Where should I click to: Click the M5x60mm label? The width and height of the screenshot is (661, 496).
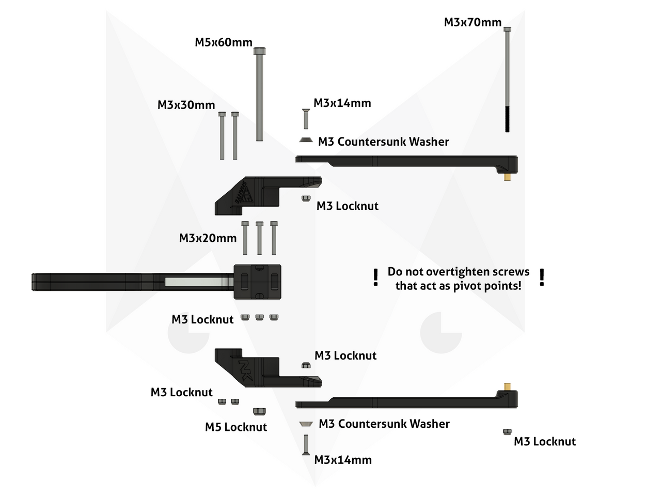(x=223, y=42)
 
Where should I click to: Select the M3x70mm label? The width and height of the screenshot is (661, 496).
(x=473, y=23)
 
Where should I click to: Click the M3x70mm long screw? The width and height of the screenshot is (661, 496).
(x=507, y=78)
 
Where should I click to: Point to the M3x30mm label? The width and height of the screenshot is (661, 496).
(x=186, y=105)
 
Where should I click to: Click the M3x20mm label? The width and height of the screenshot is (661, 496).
(x=208, y=238)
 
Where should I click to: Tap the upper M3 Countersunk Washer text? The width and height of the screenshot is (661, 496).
(x=383, y=142)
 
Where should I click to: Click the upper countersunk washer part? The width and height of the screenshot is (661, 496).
(x=306, y=139)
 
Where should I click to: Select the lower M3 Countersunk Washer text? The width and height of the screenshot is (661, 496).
(x=384, y=424)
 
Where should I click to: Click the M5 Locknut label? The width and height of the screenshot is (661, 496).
(x=236, y=427)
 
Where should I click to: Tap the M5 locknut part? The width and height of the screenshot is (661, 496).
(x=259, y=411)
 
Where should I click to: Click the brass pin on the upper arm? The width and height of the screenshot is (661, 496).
(x=508, y=177)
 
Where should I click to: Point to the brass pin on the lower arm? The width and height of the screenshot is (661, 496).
(x=508, y=386)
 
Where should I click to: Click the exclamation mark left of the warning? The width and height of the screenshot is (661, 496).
(x=376, y=277)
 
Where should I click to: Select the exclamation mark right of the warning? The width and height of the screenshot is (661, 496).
(x=542, y=277)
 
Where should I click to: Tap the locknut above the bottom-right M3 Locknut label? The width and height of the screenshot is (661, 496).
(x=507, y=431)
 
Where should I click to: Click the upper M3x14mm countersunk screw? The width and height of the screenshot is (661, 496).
(x=306, y=119)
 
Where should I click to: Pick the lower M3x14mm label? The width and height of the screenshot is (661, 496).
(x=343, y=460)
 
